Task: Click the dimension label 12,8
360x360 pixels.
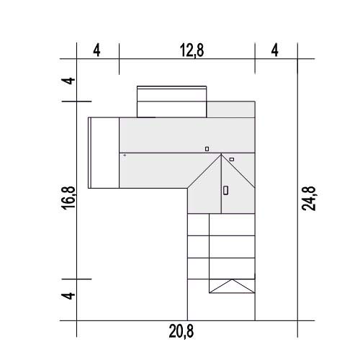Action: click(x=192, y=50)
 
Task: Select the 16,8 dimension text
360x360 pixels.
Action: click(x=69, y=198)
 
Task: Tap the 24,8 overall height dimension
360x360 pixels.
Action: click(x=309, y=199)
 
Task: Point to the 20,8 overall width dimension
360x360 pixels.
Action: click(x=181, y=331)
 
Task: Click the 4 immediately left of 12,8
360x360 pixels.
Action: click(x=96, y=50)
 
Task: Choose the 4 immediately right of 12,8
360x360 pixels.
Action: click(x=275, y=50)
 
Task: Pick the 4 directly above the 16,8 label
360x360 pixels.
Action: click(x=69, y=81)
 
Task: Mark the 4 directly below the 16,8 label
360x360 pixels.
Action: click(x=69, y=295)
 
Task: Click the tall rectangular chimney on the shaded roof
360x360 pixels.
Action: click(x=225, y=190)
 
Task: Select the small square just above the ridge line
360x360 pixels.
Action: click(x=207, y=149)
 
